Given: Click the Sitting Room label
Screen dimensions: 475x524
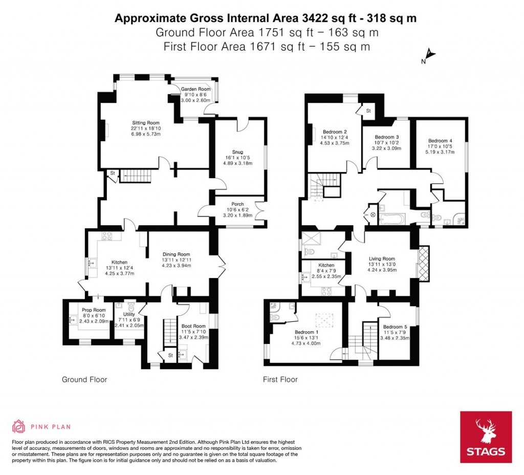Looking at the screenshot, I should (x=146, y=123).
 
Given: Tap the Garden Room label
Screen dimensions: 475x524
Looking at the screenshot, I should (x=195, y=89).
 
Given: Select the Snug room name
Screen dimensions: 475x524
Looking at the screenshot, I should (x=237, y=152).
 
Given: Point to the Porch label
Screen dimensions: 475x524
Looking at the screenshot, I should (x=237, y=204).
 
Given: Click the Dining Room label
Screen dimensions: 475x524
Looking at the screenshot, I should (x=176, y=254).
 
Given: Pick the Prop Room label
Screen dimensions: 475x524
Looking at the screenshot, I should (x=94, y=310).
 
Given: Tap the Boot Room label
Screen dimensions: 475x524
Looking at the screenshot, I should (x=193, y=326).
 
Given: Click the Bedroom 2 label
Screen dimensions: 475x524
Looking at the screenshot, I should (x=335, y=131).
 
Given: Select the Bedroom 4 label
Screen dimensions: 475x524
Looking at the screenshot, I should (x=440, y=141).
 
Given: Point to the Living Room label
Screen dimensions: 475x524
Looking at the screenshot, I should (x=382, y=259).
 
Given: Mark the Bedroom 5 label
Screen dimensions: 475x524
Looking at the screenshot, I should (x=395, y=327).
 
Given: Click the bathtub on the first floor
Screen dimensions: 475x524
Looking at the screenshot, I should (x=391, y=220).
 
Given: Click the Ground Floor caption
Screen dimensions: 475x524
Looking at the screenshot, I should (x=84, y=380).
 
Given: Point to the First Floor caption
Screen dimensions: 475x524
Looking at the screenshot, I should (x=280, y=380).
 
